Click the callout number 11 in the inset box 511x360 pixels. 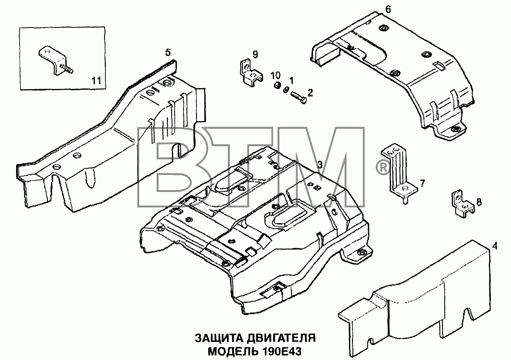(x=96, y=80)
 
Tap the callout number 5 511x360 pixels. (x=168, y=52)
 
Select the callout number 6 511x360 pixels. (x=388, y=9)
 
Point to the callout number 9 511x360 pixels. (x=255, y=54)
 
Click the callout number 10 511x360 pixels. (x=275, y=75)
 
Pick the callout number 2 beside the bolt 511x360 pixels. (x=310, y=92)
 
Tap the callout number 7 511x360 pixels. (x=423, y=183)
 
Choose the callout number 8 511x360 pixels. (x=478, y=202)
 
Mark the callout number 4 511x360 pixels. (x=495, y=246)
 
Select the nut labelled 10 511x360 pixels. (x=276, y=85)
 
